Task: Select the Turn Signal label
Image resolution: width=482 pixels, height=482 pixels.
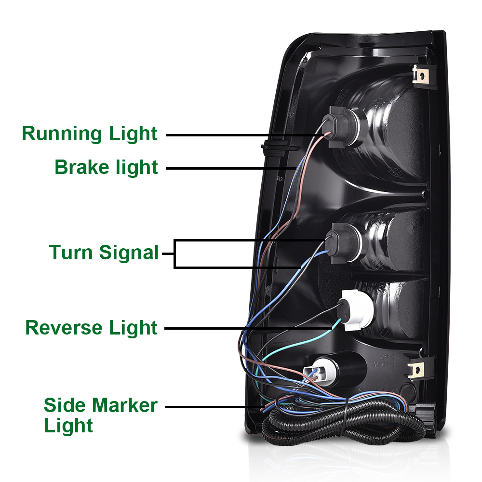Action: point(104,252)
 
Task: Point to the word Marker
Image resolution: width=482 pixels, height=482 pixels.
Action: point(124,405)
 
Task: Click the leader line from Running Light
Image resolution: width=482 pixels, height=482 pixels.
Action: point(241,135)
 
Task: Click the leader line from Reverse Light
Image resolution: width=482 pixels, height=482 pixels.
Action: point(246,328)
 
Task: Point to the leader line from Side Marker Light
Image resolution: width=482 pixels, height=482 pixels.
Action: point(212,407)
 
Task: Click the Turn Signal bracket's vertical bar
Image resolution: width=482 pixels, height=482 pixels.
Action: point(175,254)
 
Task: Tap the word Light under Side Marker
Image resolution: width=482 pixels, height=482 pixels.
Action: point(68,426)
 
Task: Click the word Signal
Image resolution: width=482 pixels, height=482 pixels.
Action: point(130,253)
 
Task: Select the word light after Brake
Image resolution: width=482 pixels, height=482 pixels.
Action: point(137,167)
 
